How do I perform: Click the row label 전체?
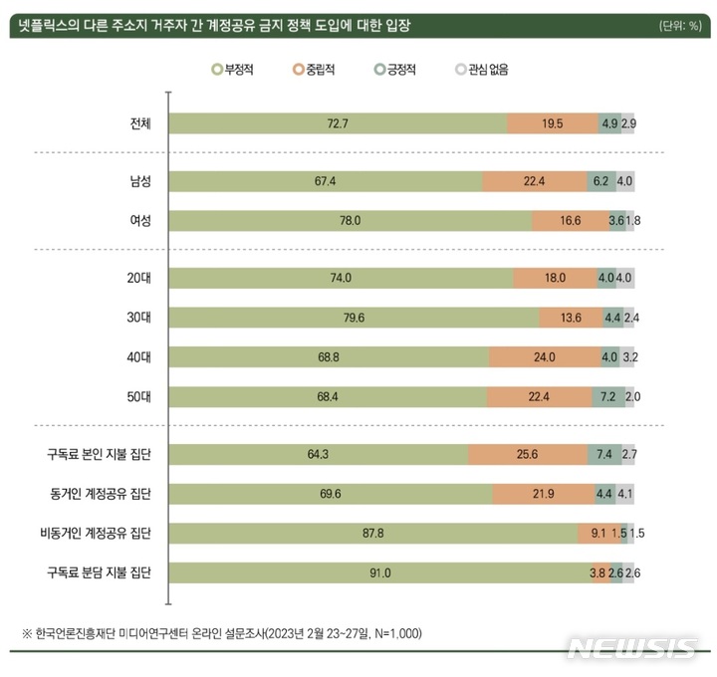135,124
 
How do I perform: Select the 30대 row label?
135,318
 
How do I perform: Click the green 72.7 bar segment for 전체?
338,124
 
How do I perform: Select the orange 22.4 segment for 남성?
535,182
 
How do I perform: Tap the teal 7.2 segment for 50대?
608,397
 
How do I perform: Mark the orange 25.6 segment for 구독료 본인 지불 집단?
527,455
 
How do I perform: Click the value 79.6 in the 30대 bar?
354,318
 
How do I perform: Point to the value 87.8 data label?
373,533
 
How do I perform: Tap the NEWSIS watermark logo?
631,648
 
